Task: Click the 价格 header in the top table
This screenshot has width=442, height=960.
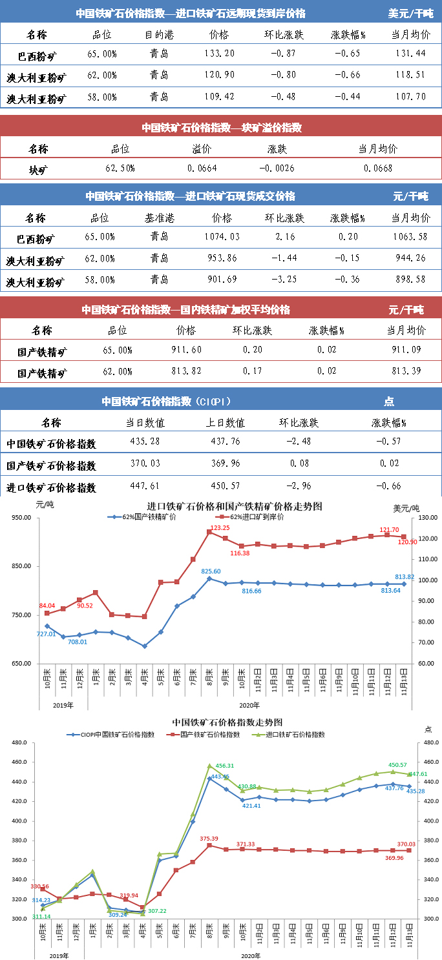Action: click(220, 34)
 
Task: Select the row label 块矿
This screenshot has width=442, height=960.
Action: click(38, 170)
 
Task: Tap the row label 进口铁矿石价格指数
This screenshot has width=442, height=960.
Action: click(51, 487)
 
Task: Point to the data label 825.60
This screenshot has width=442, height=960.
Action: click(211, 571)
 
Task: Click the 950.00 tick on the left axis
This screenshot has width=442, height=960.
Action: click(23, 518)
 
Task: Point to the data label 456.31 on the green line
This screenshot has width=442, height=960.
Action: click(222, 765)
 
